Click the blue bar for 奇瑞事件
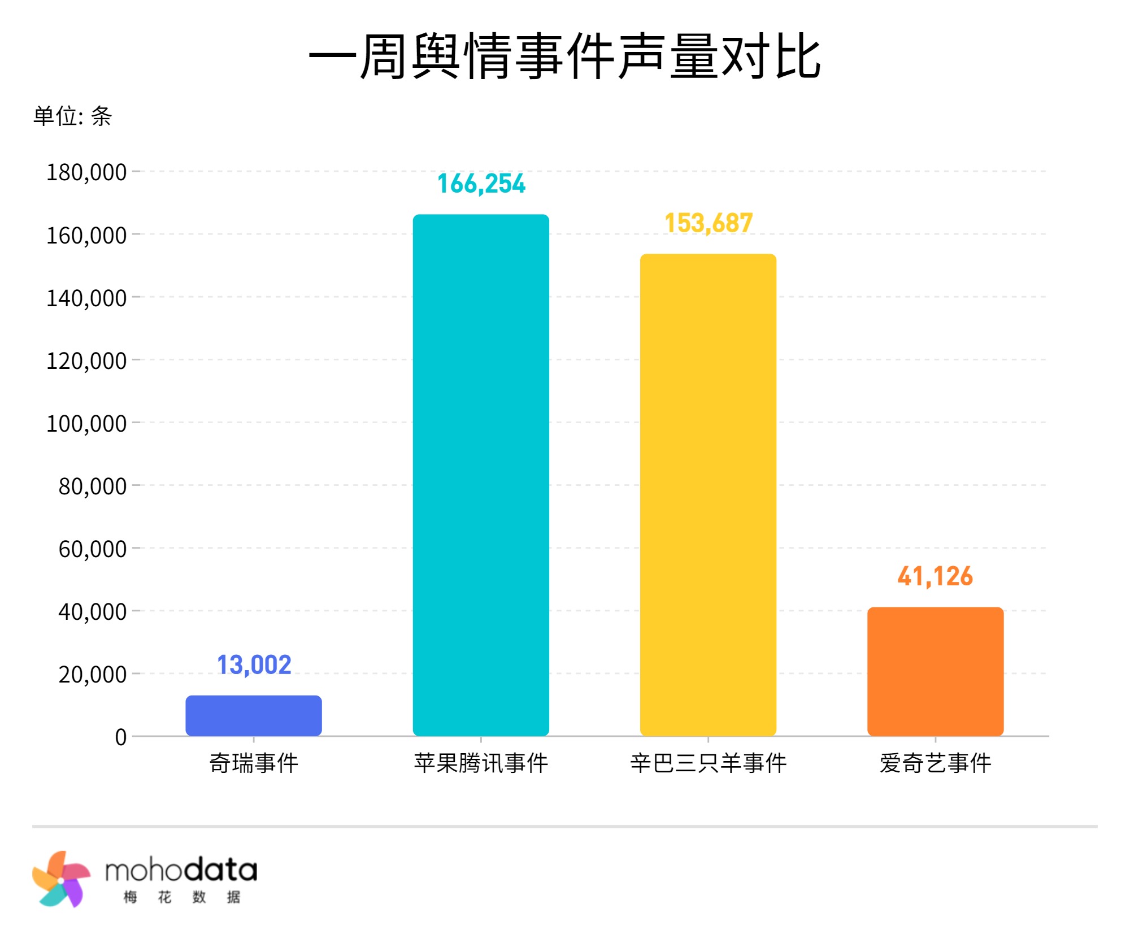[254, 715]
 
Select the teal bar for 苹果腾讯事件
[481, 475]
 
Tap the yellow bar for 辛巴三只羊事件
[708, 494]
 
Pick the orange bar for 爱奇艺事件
[935, 671]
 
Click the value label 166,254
[481, 184]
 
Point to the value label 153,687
[709, 223]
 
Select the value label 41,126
[935, 576]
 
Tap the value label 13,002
[254, 665]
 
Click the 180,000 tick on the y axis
[86, 172]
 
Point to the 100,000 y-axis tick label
[86, 424]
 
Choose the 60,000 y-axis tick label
[93, 549]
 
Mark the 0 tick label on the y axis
[120, 737]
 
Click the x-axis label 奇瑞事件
[254, 763]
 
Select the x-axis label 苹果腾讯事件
[481, 763]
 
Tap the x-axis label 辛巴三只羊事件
[709, 763]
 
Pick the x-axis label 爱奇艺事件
[935, 763]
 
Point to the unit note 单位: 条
[72, 116]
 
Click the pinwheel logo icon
[60, 879]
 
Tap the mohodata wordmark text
[181, 871]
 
